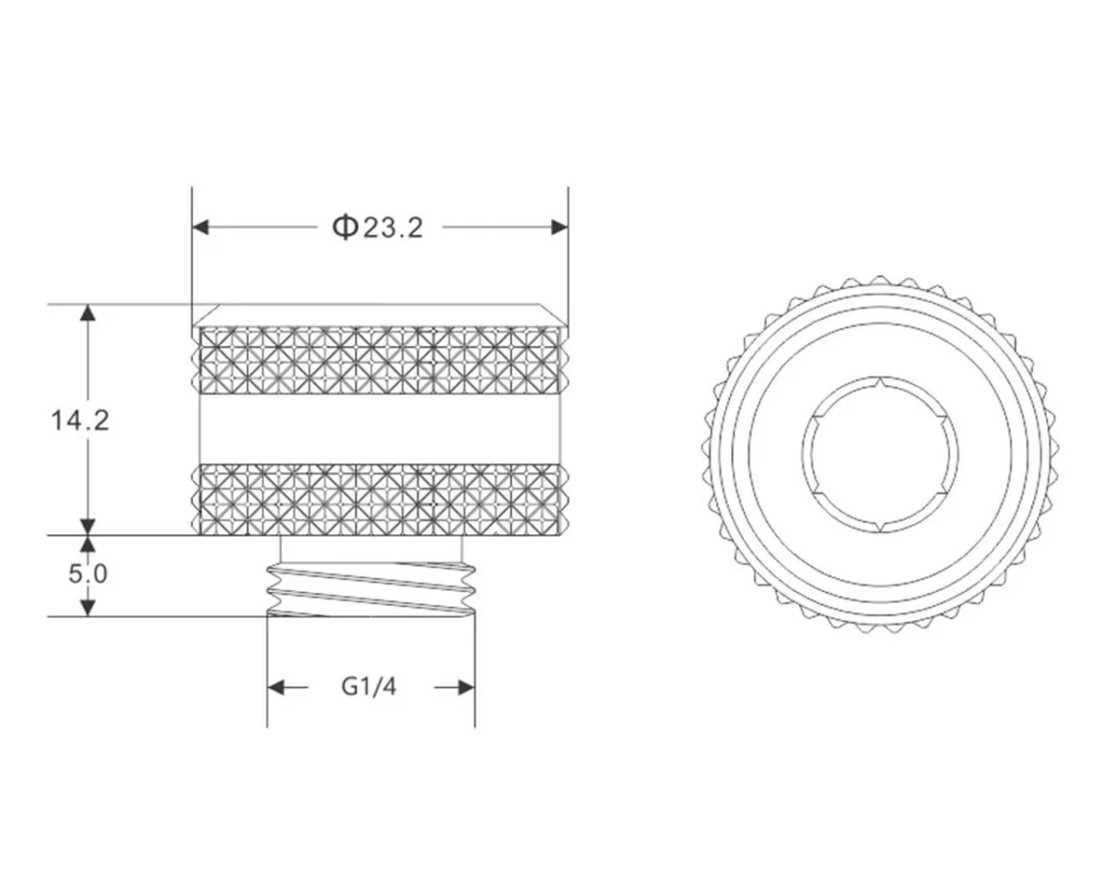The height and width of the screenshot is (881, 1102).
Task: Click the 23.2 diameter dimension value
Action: pyautogui.click(x=393, y=228)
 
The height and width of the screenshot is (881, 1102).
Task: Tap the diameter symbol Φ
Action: pyautogui.click(x=343, y=227)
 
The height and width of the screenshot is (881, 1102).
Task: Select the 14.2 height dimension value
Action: pyautogui.click(x=80, y=420)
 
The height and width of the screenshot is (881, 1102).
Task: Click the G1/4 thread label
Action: pyautogui.click(x=369, y=687)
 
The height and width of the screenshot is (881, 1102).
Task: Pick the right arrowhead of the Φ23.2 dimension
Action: pyautogui.click(x=557, y=228)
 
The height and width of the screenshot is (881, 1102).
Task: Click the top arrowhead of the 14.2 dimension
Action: pyautogui.click(x=88, y=313)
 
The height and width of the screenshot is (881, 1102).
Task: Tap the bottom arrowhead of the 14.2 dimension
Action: pyautogui.click(x=88, y=526)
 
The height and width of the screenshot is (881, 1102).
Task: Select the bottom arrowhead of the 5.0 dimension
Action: pyautogui.click(x=88, y=607)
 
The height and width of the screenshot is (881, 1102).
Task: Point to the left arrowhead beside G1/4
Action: pyautogui.click(x=276, y=687)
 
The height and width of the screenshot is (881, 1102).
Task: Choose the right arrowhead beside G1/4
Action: pyautogui.click(x=466, y=687)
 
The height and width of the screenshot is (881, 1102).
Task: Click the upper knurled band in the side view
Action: pyautogui.click(x=379, y=358)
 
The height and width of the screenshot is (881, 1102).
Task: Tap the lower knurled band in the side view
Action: pyautogui.click(x=379, y=499)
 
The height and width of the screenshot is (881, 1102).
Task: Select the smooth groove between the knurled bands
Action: pyautogui.click(x=379, y=429)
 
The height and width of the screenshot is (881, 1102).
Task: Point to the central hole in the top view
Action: pyautogui.click(x=880, y=453)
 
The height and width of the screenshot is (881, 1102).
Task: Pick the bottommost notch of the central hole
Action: pyautogui.click(x=880, y=527)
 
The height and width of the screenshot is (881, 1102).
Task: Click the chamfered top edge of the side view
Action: pyautogui.click(x=379, y=315)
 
